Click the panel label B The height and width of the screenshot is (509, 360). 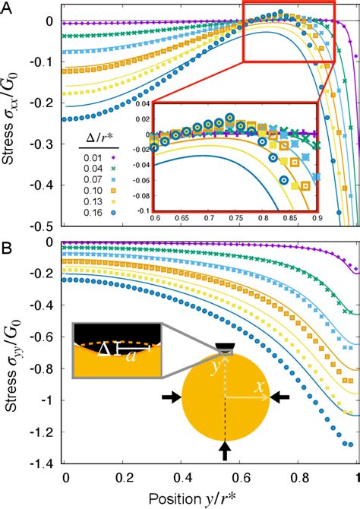point(8,248)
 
